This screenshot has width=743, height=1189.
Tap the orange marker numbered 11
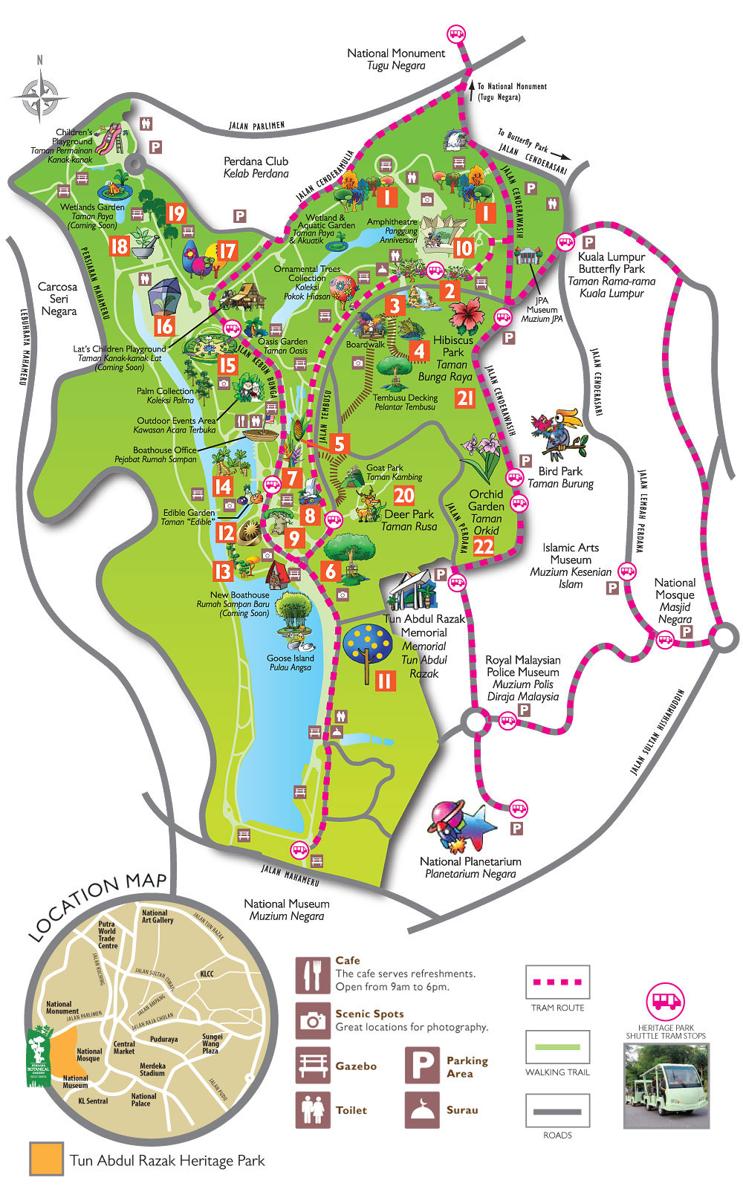pyautogui.click(x=384, y=680)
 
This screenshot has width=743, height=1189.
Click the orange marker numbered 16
pyautogui.click(x=164, y=325)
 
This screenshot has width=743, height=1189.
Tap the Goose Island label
pyautogui.click(x=291, y=662)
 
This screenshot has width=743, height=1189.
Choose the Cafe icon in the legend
pyautogui.click(x=313, y=975)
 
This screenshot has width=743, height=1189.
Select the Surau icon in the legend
pyautogui.click(x=423, y=1109)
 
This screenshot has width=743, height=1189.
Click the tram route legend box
pyautogui.click(x=557, y=982)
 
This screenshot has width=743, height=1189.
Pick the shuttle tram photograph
pyautogui.click(x=666, y=1084)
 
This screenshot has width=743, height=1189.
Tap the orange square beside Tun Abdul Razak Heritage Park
pyautogui.click(x=46, y=1159)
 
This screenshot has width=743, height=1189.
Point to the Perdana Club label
pyautogui.click(x=256, y=166)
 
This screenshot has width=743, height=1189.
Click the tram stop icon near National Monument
pyautogui.click(x=455, y=34)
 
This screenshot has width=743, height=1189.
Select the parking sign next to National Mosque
pyautogui.click(x=687, y=632)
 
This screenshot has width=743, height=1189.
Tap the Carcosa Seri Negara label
pyautogui.click(x=58, y=298)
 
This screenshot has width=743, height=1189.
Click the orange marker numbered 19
pyautogui.click(x=176, y=214)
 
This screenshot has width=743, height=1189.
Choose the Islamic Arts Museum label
pyautogui.click(x=571, y=565)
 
